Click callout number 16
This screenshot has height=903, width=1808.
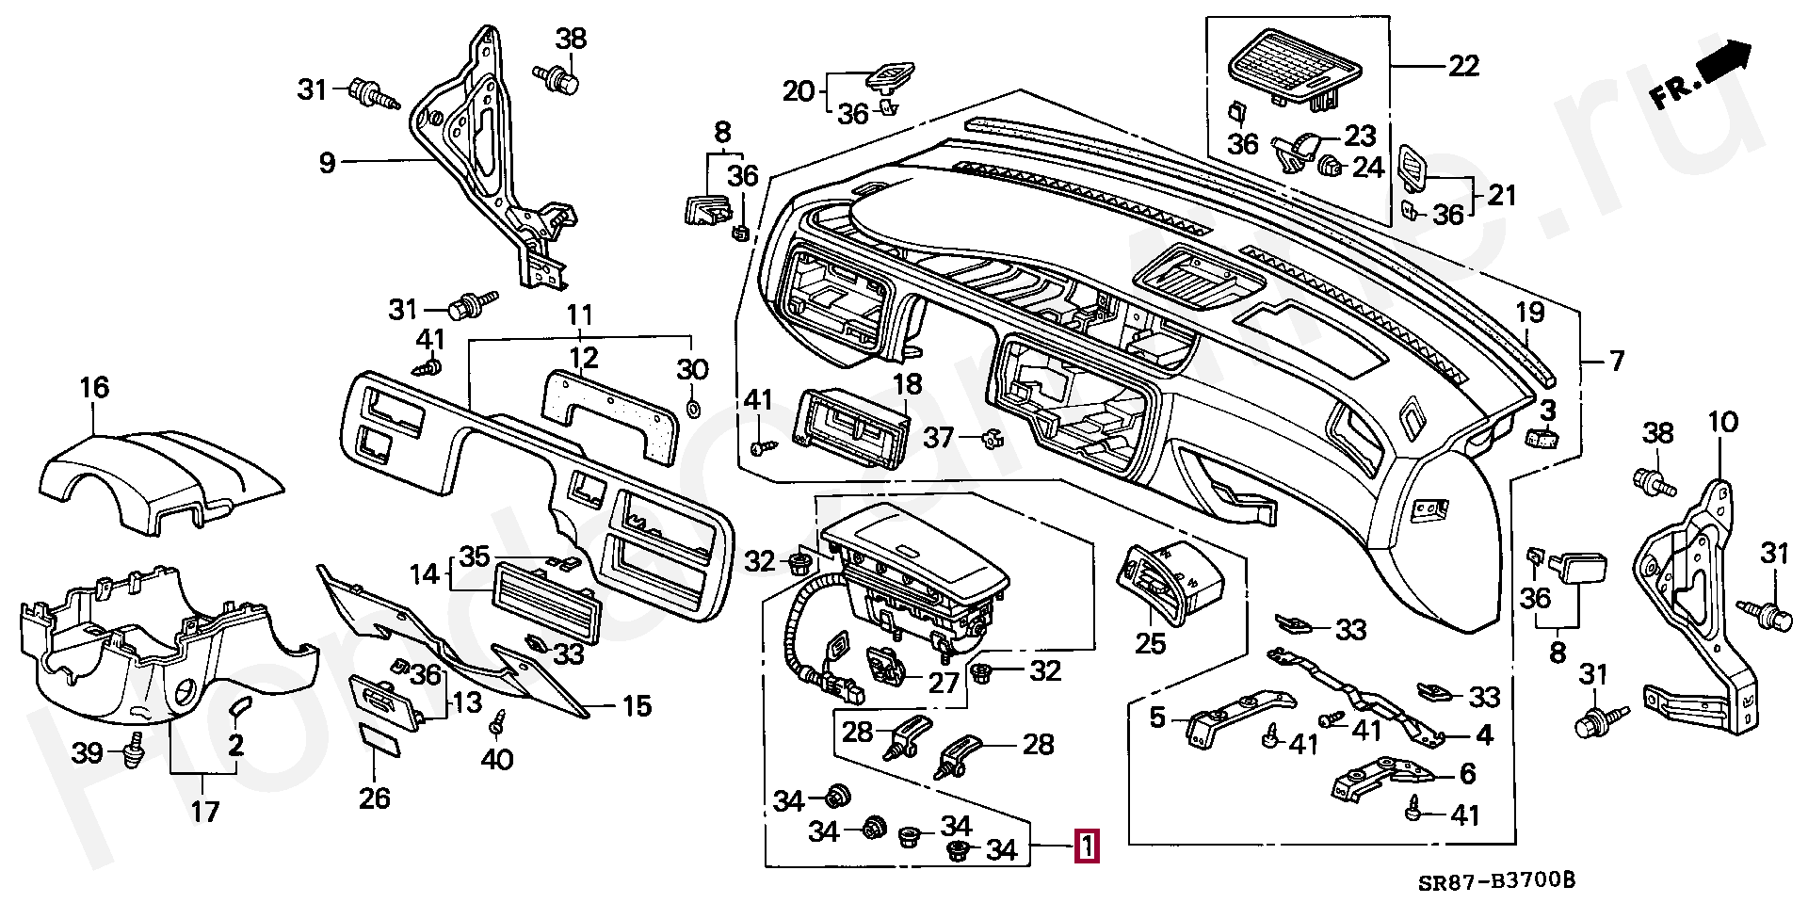click(94, 388)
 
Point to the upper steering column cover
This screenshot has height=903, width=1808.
click(160, 471)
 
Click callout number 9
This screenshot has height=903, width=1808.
click(327, 164)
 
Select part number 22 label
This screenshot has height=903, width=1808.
click(1463, 66)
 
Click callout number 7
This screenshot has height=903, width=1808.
click(1616, 361)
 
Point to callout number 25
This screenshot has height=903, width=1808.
click(1150, 644)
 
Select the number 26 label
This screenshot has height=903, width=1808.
click(374, 798)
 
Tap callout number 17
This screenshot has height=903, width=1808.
click(205, 811)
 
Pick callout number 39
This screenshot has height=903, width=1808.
click(88, 754)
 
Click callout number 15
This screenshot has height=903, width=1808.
click(637, 706)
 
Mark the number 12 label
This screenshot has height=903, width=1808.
click(584, 358)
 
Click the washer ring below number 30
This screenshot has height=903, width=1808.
click(692, 409)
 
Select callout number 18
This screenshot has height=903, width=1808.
click(908, 385)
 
